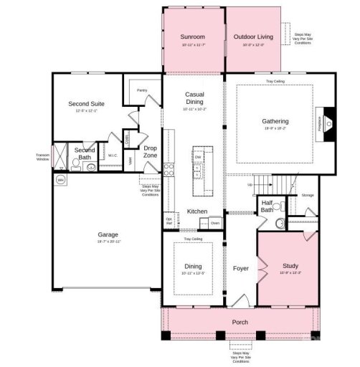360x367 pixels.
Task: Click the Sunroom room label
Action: tap(193, 36)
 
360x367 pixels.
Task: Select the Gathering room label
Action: tap(275, 122)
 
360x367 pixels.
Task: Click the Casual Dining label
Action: tap(194, 98)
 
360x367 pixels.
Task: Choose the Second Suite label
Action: tap(87, 103)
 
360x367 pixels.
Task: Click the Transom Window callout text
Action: tap(42, 157)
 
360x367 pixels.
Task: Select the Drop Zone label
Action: tap(150, 152)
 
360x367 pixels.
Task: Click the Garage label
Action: tap(108, 234)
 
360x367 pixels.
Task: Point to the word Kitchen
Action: tap(197, 211)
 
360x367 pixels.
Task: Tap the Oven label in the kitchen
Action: tap(215, 223)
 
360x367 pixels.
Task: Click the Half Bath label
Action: tap(267, 206)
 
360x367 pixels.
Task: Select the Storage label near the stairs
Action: tap(308, 194)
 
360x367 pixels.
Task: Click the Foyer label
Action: tap(240, 270)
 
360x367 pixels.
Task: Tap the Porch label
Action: tap(240, 322)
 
